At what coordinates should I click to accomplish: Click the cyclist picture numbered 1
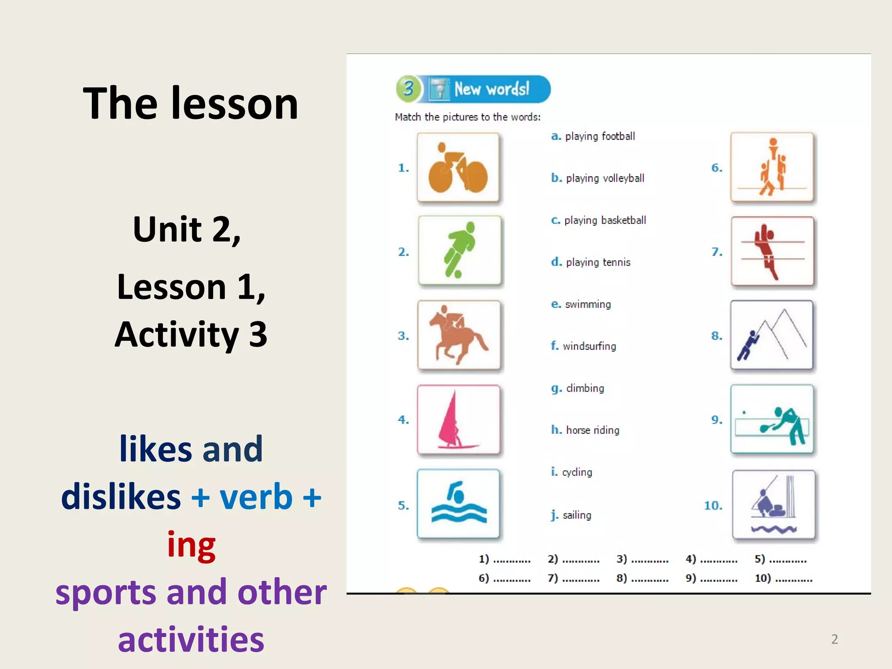click(x=458, y=168)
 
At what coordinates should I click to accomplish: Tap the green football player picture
click(x=460, y=250)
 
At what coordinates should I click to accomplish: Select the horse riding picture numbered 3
click(x=459, y=335)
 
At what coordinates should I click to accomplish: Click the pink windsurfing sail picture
click(x=458, y=419)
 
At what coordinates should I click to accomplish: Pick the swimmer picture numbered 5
click(x=458, y=504)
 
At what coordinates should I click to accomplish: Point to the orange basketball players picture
click(x=772, y=167)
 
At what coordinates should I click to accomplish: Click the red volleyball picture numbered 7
click(x=772, y=251)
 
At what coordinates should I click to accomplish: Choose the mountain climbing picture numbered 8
click(x=772, y=335)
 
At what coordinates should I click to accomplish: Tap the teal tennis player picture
click(x=772, y=419)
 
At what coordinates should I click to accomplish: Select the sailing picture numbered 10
click(x=774, y=505)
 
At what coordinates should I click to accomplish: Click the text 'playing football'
click(x=600, y=136)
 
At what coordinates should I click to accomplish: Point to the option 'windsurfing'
click(x=589, y=346)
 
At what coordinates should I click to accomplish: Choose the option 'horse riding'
click(x=592, y=430)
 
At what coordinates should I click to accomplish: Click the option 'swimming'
click(x=588, y=304)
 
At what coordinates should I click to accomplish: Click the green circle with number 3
click(x=408, y=89)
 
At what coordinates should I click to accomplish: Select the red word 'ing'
click(x=191, y=544)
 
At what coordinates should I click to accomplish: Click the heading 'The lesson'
click(x=190, y=103)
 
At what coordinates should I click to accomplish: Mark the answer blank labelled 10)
click(x=794, y=579)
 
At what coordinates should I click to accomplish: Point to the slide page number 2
click(x=834, y=639)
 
